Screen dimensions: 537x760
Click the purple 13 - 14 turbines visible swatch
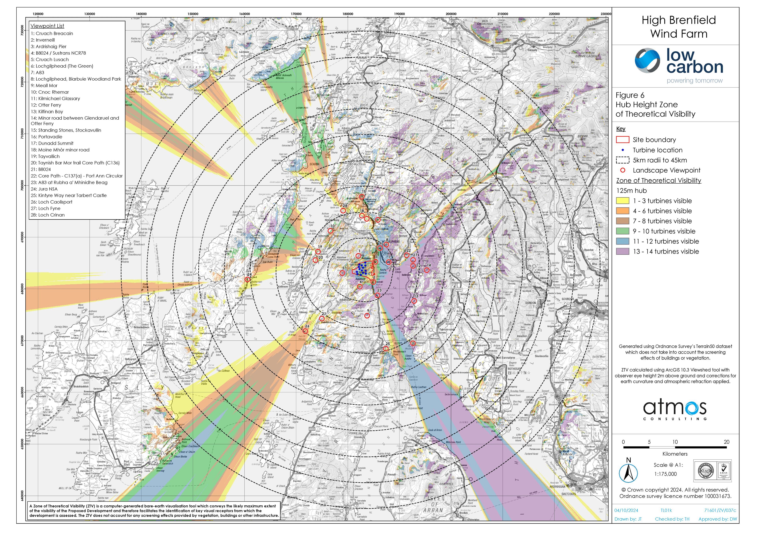pos(622,252)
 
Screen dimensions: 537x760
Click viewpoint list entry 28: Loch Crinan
pos(48,215)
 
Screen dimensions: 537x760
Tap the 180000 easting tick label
pos(348,14)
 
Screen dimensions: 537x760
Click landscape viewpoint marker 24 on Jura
pos(247,279)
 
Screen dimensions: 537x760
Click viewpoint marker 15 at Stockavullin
pos(362,197)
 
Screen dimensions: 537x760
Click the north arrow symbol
pos(628,472)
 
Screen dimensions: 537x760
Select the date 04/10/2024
pos(626,510)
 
